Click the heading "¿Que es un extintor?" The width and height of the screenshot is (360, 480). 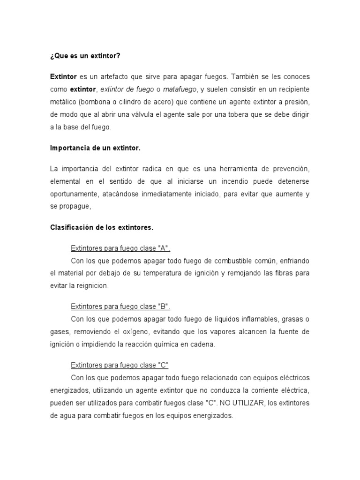[85, 56]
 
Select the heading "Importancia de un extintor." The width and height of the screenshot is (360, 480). [95, 148]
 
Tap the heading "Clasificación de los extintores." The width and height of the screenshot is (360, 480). [102, 227]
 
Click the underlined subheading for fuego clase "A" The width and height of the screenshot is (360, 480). [120, 248]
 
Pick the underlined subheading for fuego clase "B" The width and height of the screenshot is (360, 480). [120, 307]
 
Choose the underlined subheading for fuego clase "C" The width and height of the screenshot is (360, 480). [120, 365]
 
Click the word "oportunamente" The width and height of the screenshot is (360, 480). [73, 194]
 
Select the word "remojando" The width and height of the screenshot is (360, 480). [247, 273]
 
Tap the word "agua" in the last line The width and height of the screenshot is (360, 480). [67, 416]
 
